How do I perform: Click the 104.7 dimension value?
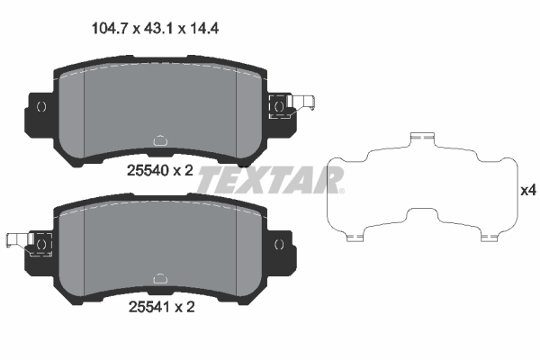coord(111,28)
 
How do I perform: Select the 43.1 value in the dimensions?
coord(158,28)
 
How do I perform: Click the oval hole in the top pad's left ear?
coord(40,106)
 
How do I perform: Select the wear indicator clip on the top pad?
coord(287,105)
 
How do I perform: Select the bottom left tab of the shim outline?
coord(355,238)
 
